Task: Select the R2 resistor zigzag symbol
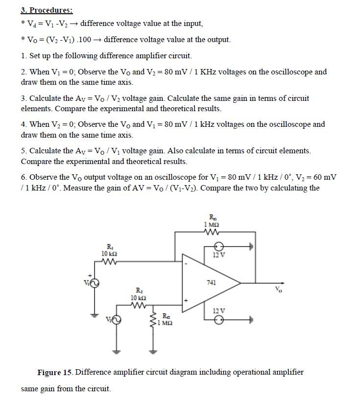[138, 305]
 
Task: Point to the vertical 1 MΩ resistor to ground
[153, 318]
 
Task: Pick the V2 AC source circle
[116, 320]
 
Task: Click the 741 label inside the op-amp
[212, 283]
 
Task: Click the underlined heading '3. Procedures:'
[47, 10]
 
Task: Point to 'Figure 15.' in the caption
[55, 372]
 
